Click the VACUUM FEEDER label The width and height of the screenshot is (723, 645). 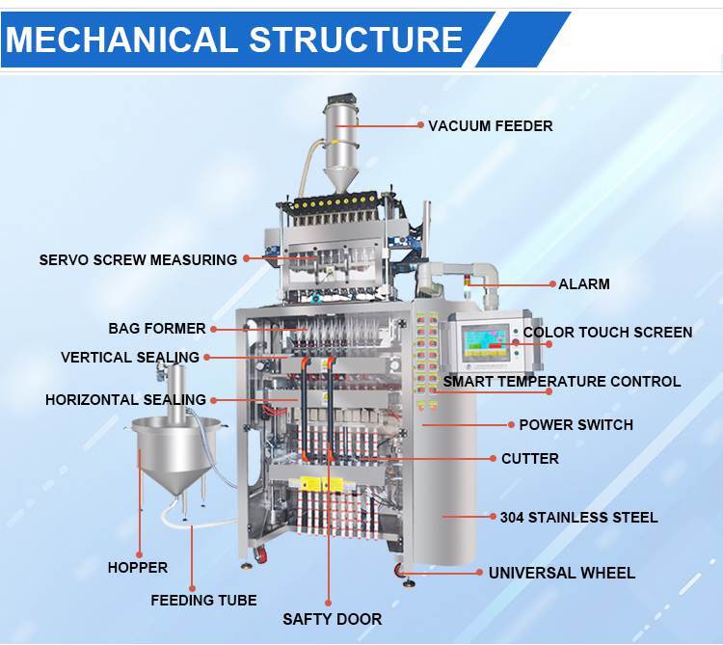tap(491, 125)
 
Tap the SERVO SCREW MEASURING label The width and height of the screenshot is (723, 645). tap(138, 259)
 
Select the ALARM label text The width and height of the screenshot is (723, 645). tap(584, 284)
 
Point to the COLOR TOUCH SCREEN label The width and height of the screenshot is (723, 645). tap(607, 333)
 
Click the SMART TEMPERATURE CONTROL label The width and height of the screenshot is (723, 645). tap(562, 382)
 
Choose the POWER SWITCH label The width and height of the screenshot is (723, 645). tap(576, 424)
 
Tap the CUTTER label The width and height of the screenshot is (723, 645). tap(529, 459)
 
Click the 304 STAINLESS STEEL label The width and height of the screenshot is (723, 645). tap(578, 518)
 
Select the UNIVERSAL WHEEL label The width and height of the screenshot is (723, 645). tap(561, 573)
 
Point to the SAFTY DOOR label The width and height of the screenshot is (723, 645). tap(332, 619)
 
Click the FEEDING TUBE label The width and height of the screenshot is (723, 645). tap(203, 600)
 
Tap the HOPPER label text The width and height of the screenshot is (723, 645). tap(138, 568)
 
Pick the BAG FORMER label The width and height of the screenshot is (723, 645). tap(157, 329)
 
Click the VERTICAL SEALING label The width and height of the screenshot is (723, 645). tap(130, 357)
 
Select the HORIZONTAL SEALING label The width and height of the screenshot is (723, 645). tap(125, 399)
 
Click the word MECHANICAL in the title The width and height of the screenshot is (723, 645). tap(121, 40)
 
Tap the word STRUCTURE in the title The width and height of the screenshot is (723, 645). tap(356, 40)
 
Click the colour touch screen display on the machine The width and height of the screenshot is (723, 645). tap(486, 343)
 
